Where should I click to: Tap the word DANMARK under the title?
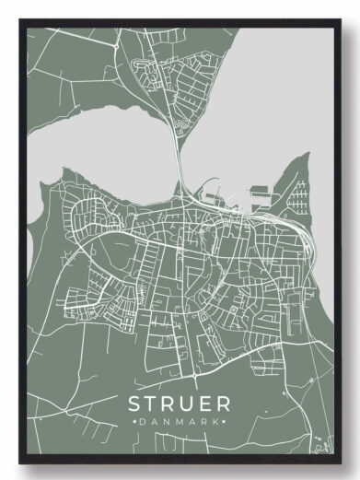180,421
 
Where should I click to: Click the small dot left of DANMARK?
135,421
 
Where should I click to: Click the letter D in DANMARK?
145,421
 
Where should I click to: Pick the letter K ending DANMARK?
216,421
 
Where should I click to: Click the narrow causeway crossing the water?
178,161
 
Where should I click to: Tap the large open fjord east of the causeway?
276,101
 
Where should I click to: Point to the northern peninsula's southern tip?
175,129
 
